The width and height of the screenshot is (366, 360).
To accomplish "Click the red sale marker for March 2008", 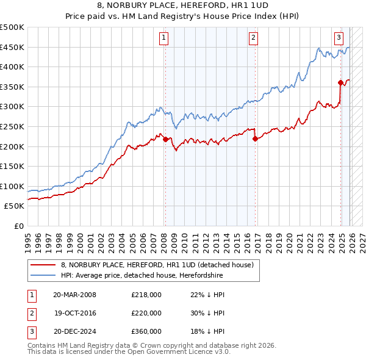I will coord(165,139).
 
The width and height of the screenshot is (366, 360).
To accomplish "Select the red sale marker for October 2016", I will coord(255,139).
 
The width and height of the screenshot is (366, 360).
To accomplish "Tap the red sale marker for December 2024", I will coord(340,82).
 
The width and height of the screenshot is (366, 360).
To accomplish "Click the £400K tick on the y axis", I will coord(12,67).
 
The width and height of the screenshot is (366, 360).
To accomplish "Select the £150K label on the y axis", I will coord(12,166).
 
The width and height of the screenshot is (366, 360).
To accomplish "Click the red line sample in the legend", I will coord(43,265).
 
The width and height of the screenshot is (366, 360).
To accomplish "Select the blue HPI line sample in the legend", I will coord(43,275).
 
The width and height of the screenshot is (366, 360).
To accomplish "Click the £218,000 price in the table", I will coord(146,295).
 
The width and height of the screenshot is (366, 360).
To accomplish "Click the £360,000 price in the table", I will coord(146,331).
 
